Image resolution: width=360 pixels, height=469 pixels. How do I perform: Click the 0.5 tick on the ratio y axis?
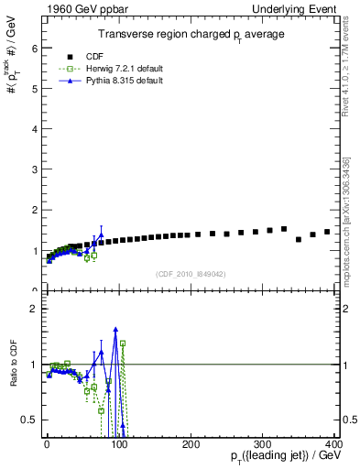pyautogui.click(x=27, y=420)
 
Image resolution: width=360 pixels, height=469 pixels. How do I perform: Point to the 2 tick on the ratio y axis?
pyautogui.click(x=31, y=309)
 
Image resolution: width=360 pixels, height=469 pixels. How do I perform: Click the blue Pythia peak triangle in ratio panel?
pyautogui.click(x=115, y=329)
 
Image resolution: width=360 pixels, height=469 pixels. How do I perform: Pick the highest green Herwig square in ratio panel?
pyautogui.click(x=123, y=344)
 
